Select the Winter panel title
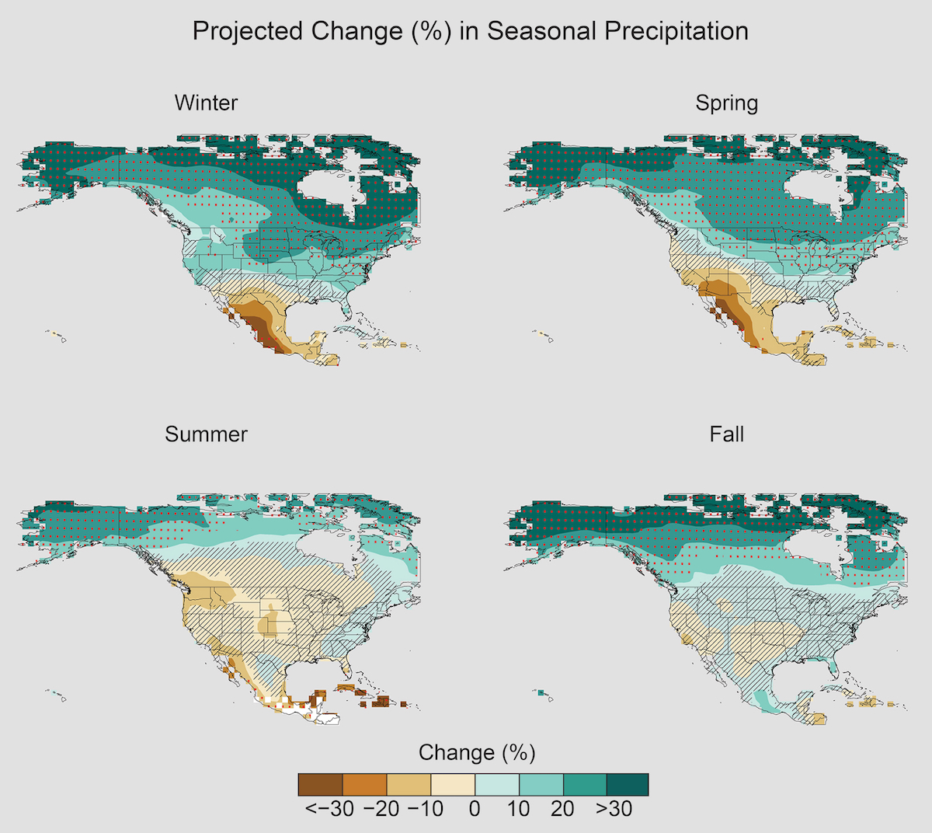pos(206,103)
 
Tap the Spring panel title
pos(726,103)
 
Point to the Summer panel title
pos(206,434)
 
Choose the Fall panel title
pos(726,434)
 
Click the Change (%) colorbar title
pos(477,752)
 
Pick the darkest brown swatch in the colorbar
pos(320,785)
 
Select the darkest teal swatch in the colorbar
pos(626,785)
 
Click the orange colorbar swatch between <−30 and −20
pos(364,785)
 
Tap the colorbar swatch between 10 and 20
pos(539,785)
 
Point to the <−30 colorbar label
pos(329,809)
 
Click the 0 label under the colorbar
pos(475,809)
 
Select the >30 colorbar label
pos(614,809)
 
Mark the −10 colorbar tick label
pos(425,809)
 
